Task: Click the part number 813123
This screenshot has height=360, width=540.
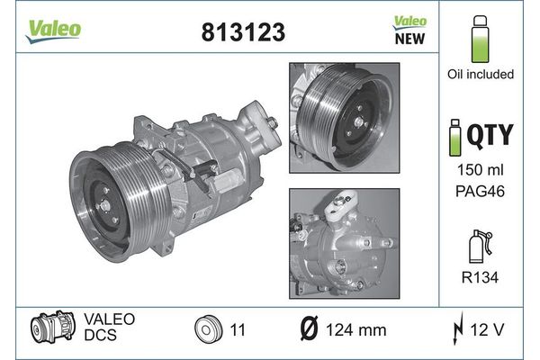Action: click(x=243, y=32)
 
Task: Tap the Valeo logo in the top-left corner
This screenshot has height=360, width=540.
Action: click(x=53, y=31)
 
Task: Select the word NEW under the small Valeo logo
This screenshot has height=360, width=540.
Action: click(x=409, y=39)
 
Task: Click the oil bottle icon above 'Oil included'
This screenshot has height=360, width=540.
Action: click(x=480, y=39)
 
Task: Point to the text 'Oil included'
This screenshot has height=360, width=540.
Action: click(x=481, y=74)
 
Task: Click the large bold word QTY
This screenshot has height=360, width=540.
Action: click(x=490, y=135)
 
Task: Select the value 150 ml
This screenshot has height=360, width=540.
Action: click(x=480, y=169)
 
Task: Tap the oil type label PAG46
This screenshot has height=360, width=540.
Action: click(x=480, y=191)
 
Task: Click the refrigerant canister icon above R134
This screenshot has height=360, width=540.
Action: click(x=481, y=247)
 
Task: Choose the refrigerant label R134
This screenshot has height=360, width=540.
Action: click(x=480, y=277)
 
